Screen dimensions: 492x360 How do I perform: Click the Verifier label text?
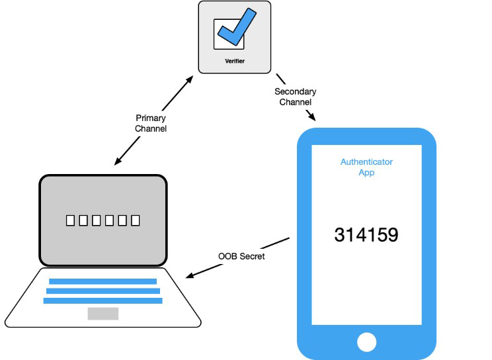click(235, 61)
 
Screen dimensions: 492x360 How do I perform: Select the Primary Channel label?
click(151, 123)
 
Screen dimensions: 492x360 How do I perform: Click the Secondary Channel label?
click(295, 97)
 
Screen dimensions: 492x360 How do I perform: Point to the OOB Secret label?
click(241, 256)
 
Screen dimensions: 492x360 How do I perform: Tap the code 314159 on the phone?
click(366, 235)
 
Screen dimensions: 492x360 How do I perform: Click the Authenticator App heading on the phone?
click(366, 167)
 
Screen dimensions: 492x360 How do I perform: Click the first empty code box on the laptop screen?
click(70, 220)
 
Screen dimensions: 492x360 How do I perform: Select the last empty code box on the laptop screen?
click(136, 220)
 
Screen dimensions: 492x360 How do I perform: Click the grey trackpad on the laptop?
click(103, 314)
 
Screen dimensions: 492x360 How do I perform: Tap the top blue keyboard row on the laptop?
click(103, 281)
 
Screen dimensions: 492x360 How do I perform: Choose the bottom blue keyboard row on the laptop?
click(103, 301)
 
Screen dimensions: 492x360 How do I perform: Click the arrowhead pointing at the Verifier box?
click(189, 79)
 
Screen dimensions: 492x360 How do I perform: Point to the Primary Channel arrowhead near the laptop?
click(118, 161)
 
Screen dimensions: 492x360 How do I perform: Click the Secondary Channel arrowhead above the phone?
click(312, 117)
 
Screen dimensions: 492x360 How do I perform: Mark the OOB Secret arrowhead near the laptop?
click(190, 275)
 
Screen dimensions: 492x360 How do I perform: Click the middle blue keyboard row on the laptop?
click(103, 291)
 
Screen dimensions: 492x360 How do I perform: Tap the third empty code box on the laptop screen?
click(97, 220)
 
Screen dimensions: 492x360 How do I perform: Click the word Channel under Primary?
click(151, 128)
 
